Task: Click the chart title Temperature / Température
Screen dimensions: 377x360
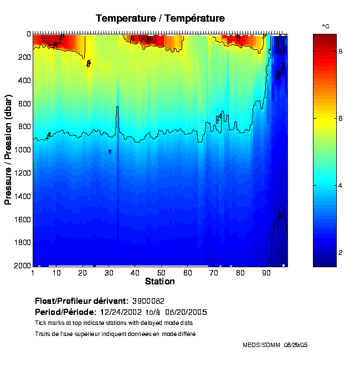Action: (160, 18)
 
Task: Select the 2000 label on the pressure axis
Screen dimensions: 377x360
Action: (21, 266)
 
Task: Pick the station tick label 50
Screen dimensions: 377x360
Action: (161, 273)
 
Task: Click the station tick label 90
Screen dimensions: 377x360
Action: (266, 273)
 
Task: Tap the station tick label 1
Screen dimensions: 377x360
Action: (33, 273)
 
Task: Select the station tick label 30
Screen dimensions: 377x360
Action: (109, 273)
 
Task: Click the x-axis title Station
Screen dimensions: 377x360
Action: (160, 282)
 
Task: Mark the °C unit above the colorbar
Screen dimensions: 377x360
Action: (326, 26)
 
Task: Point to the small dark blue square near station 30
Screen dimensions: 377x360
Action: (110, 151)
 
